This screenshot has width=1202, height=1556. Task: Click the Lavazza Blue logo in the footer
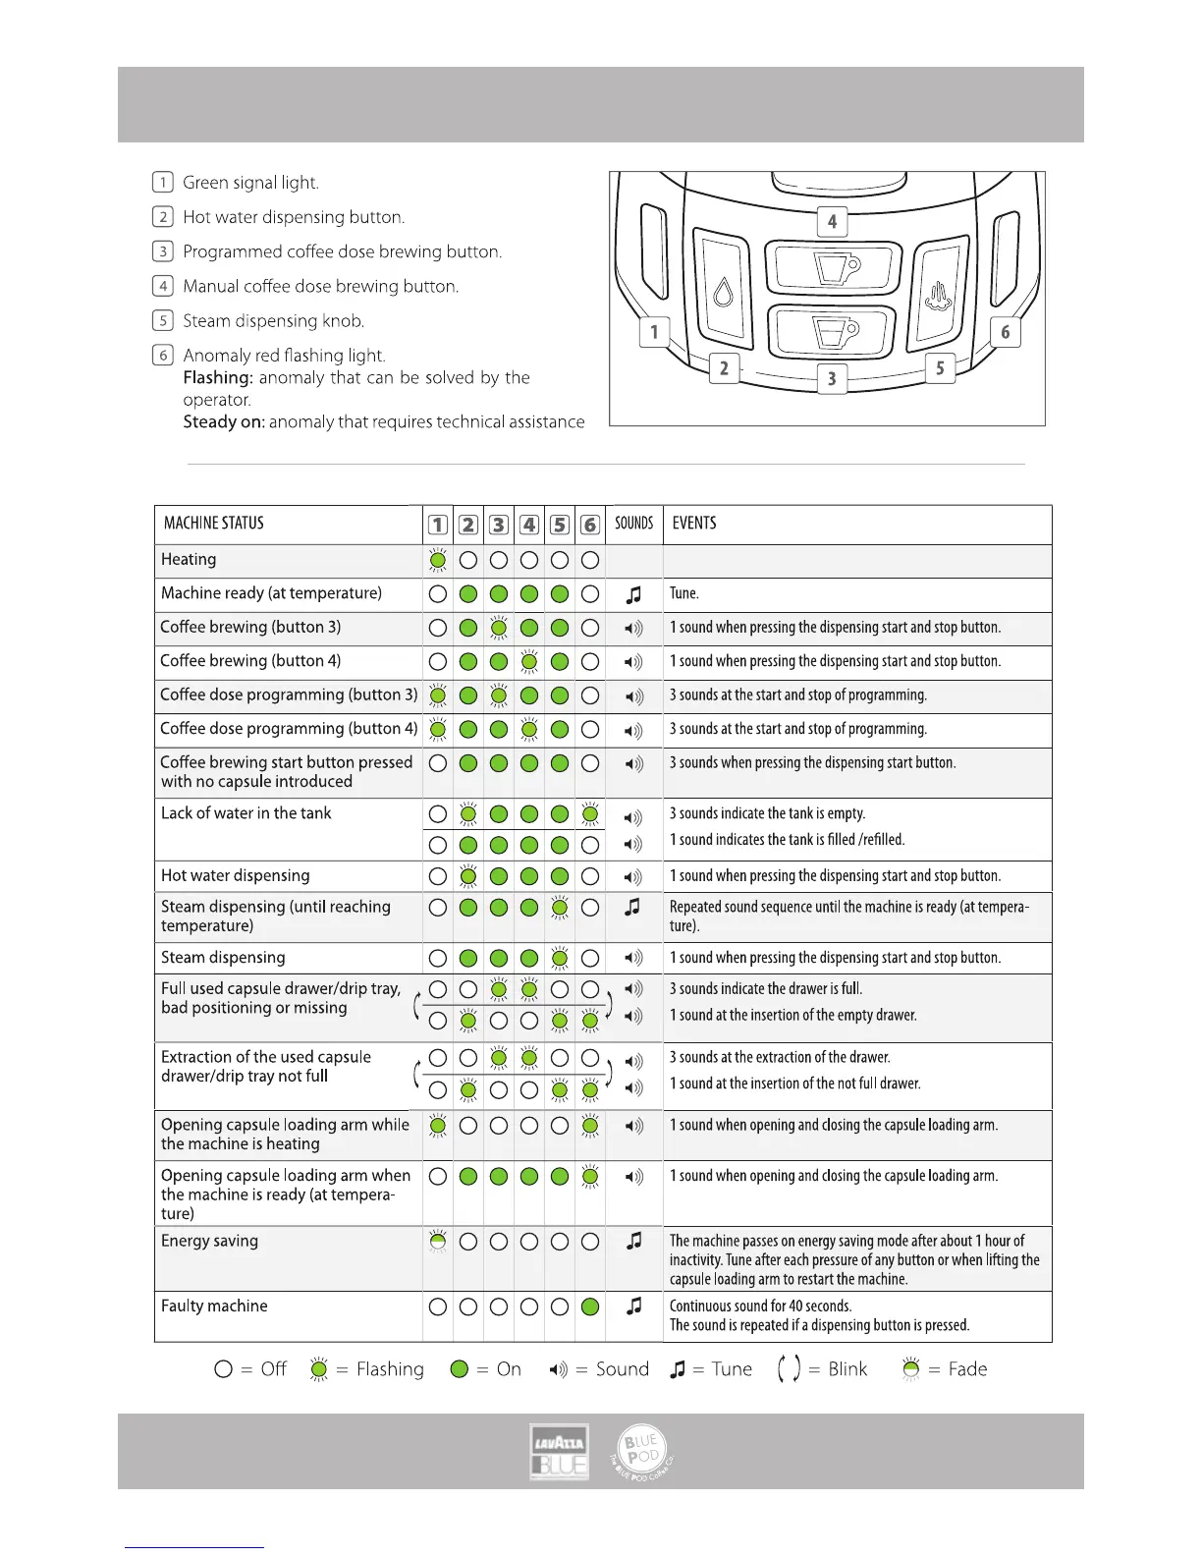559,1451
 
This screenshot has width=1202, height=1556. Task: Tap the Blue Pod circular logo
641,1452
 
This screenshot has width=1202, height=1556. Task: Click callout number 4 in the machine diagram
832,221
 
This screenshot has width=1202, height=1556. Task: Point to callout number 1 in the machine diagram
654,332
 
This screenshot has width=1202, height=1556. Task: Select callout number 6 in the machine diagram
1005,332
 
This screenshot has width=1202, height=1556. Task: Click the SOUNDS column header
633,524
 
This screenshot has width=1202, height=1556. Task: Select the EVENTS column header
694,524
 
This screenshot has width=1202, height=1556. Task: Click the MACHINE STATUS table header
214,524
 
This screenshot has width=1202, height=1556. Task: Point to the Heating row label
189,560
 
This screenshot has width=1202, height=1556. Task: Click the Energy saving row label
209,1242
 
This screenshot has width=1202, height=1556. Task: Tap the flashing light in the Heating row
438,560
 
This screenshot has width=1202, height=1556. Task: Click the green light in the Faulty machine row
590,1306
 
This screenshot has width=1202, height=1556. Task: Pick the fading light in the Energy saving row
438,1242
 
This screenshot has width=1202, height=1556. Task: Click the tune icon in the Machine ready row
633,594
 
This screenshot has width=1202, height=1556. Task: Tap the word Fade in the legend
967,1369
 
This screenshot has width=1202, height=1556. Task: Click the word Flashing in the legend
390,1369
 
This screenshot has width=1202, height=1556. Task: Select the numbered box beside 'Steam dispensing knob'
163,320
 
